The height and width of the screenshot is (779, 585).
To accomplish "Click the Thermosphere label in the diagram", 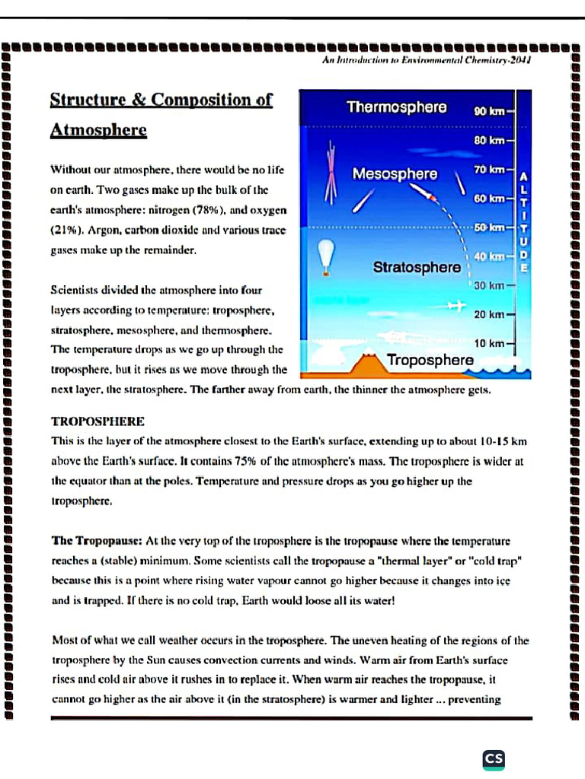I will click(396, 107).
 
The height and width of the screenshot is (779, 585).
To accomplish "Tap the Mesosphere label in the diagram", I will click(395, 174).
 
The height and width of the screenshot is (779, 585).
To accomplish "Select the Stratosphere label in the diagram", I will click(417, 267).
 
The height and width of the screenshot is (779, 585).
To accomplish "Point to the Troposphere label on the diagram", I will click(430, 360).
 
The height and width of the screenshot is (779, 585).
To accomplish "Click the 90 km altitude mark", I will click(490, 112).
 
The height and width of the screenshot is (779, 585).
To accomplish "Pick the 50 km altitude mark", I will click(490, 227).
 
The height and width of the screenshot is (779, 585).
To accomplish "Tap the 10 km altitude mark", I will click(489, 344).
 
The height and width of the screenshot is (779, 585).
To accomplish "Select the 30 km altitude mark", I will click(490, 285).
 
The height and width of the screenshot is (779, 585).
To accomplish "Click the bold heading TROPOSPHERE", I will click(97, 421).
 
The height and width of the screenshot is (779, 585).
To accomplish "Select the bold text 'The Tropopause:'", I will click(97, 541).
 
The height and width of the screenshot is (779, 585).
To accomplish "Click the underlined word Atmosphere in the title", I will click(98, 130).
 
